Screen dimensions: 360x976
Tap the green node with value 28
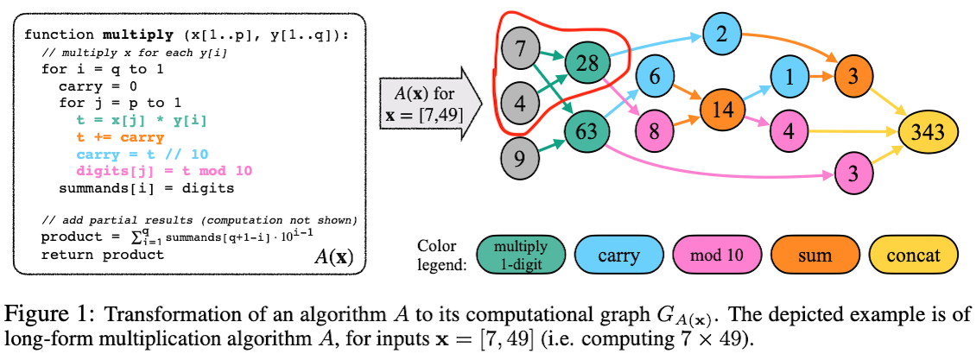click(x=588, y=62)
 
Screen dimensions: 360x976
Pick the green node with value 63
click(x=588, y=131)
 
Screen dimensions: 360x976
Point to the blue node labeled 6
click(x=655, y=76)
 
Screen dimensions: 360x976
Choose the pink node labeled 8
click(x=655, y=132)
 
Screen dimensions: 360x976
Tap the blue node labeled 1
click(x=789, y=76)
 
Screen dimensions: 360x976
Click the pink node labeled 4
click(x=789, y=132)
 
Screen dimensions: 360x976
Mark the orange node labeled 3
click(x=851, y=76)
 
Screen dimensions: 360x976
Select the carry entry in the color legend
click(x=618, y=255)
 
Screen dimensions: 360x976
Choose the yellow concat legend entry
click(x=913, y=255)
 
